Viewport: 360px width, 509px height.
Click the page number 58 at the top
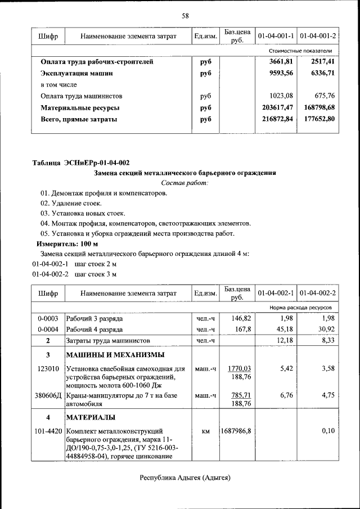pyautogui.click(x=184, y=15)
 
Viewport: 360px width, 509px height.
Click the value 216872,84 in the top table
pyautogui.click(x=274, y=119)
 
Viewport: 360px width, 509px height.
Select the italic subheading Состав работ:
pyautogui.click(x=185, y=183)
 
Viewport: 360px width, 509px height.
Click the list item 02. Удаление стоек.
pyautogui.click(x=70, y=202)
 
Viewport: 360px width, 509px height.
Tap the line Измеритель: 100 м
pyautogui.click(x=67, y=244)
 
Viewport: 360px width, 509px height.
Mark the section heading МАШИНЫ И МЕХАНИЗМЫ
pyautogui.click(x=115, y=354)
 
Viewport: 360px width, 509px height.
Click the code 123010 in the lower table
pyautogui.click(x=48, y=369)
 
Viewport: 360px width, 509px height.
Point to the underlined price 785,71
pyautogui.click(x=239, y=395)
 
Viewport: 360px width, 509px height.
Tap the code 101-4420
pyautogui.click(x=48, y=431)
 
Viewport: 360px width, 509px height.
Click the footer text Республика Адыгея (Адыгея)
pyautogui.click(x=185, y=478)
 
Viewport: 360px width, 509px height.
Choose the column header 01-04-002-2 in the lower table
pyautogui.click(x=318, y=293)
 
